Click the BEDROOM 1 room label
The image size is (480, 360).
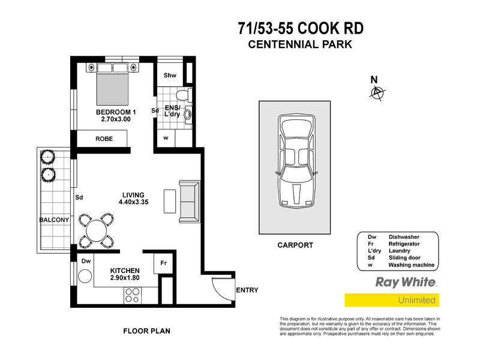pyautogui.click(x=116, y=112)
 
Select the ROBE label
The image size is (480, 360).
pyautogui.click(x=104, y=139)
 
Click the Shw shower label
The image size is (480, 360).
pyautogui.click(x=170, y=76)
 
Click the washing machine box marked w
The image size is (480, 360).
pyautogui.click(x=166, y=138)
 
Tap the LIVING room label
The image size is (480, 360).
pyautogui.click(x=133, y=195)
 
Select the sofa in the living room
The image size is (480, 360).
pyautogui.click(x=188, y=200)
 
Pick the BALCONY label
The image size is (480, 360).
pyautogui.click(x=54, y=220)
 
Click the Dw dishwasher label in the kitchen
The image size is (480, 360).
pyautogui.click(x=85, y=261)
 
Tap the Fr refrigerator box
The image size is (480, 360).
pyautogui.click(x=163, y=262)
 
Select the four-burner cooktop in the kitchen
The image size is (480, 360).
pyautogui.click(x=132, y=295)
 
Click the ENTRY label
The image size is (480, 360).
pyautogui.click(x=247, y=290)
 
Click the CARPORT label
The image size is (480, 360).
pyautogui.click(x=295, y=245)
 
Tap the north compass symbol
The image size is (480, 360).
pyautogui.click(x=377, y=92)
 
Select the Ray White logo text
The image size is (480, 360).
pyautogui.click(x=405, y=282)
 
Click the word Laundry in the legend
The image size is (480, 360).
pyautogui.click(x=400, y=251)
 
